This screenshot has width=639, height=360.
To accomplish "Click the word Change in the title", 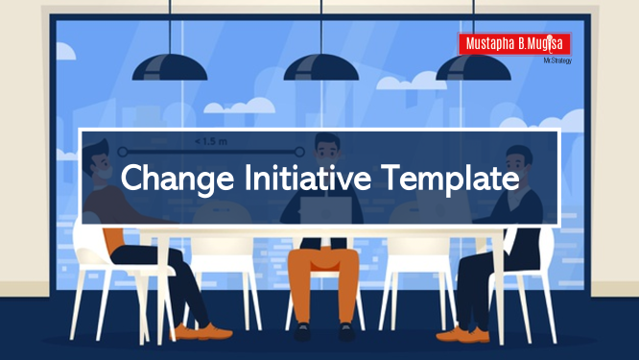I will tap(171, 179).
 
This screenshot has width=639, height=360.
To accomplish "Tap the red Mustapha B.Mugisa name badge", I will tap(514, 44).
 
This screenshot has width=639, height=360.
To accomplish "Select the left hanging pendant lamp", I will tap(170, 66).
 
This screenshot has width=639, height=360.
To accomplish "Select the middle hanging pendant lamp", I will tap(322, 66).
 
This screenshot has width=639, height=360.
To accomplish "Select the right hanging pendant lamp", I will tap(475, 66).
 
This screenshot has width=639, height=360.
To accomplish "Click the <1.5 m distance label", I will tap(210, 141).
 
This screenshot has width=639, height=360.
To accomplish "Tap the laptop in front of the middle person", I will tap(320, 213).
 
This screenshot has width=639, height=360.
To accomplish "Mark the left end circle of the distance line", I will tap(122, 151).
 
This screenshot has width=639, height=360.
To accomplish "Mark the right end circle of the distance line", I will tap(299, 151).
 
